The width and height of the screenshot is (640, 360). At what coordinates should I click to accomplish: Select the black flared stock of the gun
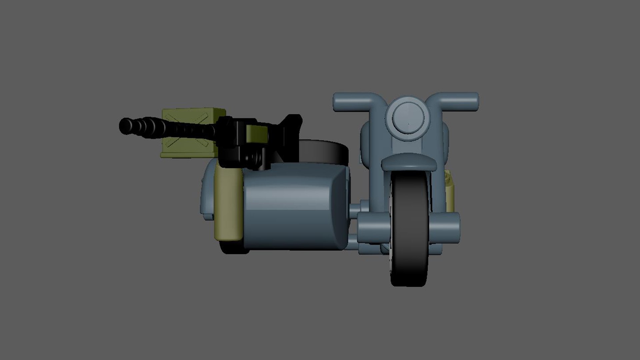290,130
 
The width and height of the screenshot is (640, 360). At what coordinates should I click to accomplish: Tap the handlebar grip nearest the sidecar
347,101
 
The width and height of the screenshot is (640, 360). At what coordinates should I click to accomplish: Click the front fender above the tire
409,163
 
